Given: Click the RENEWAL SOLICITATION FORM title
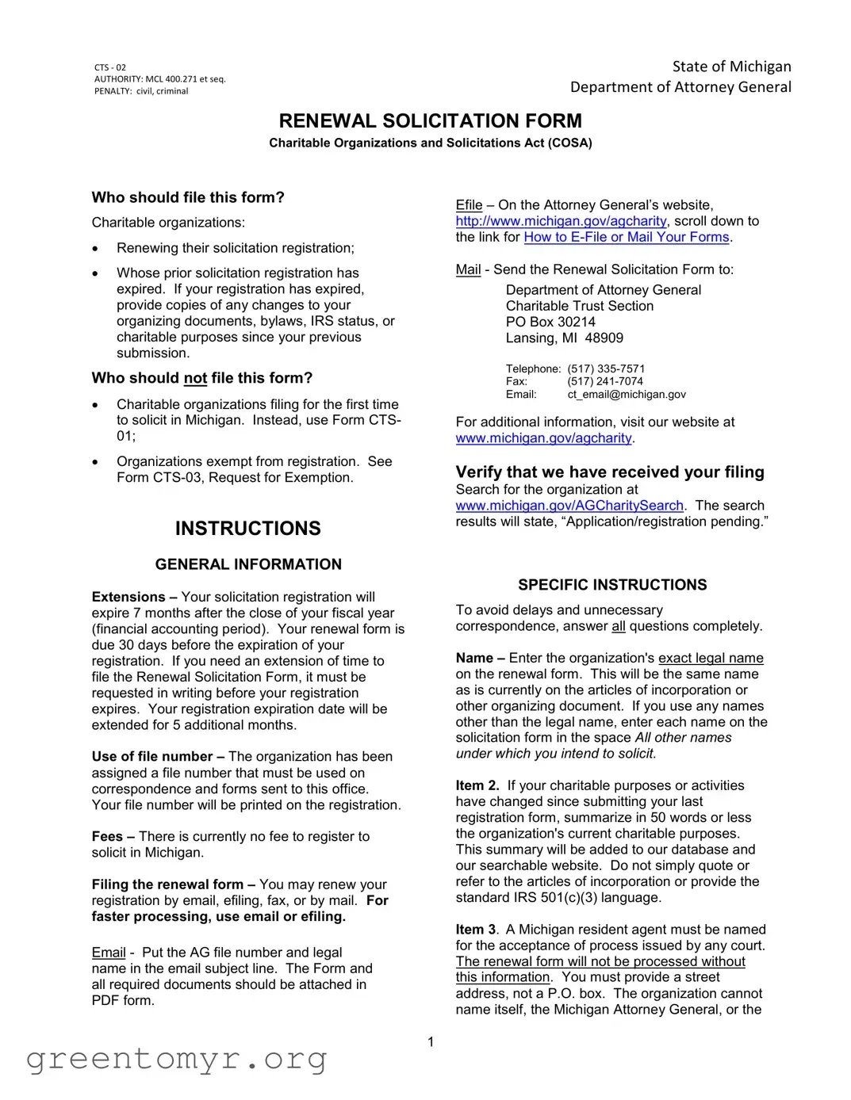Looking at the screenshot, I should coord(430,121).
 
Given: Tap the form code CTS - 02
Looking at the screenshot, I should coord(110,67).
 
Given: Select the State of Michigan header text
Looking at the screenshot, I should coord(731,67).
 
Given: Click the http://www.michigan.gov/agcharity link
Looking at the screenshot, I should coord(561,221).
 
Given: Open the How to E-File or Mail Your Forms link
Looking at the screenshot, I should coord(626,237).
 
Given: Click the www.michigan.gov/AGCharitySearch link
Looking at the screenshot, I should coord(569,506).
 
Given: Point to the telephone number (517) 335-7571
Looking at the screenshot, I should coord(606,369).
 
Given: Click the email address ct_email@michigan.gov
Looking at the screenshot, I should coord(626,394).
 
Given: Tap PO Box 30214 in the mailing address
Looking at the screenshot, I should coord(550,322).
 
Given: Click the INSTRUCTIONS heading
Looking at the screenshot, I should coord(247,529).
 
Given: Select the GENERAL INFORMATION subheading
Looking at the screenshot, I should coord(248,564).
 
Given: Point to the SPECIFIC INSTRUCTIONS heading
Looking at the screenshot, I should coord(612,585).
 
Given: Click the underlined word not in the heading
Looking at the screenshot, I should coord(195,378).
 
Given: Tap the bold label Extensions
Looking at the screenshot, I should coord(128,597).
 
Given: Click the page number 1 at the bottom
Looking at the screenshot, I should coord(431,1042).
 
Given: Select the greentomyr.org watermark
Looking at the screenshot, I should coord(176,1059).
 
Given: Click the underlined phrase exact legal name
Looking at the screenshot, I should coord(711,658).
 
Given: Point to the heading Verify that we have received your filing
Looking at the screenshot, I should coord(609,472).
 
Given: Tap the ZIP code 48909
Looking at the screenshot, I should coord(604,338).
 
